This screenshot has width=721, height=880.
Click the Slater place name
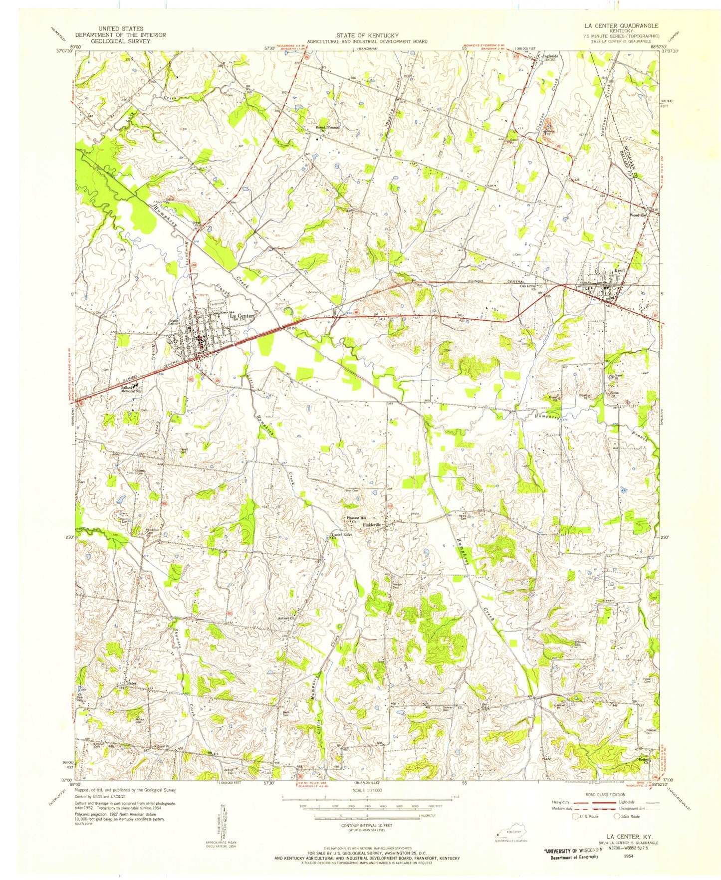pyautogui.click(x=132, y=683)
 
